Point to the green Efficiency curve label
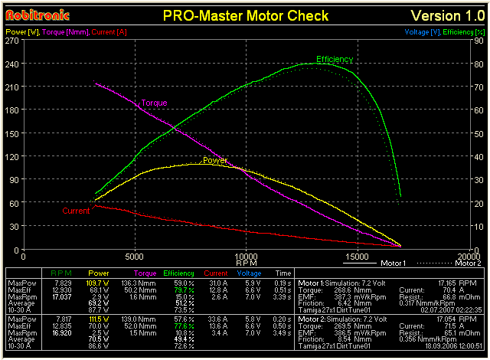point(335,59)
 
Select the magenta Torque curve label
point(154,103)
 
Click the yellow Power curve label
point(214,161)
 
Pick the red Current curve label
point(76,211)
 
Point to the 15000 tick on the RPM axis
point(357,257)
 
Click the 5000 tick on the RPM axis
point(136,257)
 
